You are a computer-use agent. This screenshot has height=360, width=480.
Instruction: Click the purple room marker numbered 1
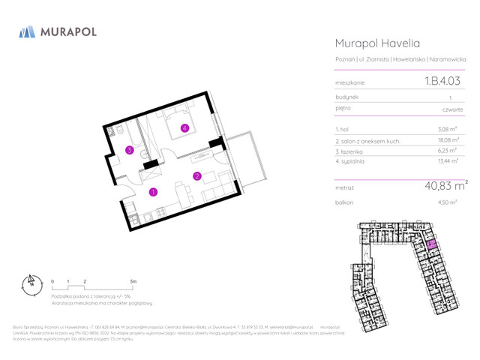pyautogui.click(x=153, y=192)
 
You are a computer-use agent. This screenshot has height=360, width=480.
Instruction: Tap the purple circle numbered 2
pyautogui.click(x=196, y=176)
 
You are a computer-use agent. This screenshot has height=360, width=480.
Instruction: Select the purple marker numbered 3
pyautogui.click(x=130, y=151)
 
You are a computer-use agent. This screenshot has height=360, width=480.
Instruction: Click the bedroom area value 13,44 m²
pyautogui.click(x=449, y=160)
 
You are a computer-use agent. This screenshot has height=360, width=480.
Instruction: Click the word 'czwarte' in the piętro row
pyautogui.click(x=452, y=109)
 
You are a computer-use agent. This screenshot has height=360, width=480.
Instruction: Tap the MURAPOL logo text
pyautogui.click(x=69, y=33)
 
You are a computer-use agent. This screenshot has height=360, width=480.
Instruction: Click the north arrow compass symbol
pyautogui.click(x=31, y=286)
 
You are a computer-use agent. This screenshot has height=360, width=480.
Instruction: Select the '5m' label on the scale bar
pyautogui.click(x=133, y=281)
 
